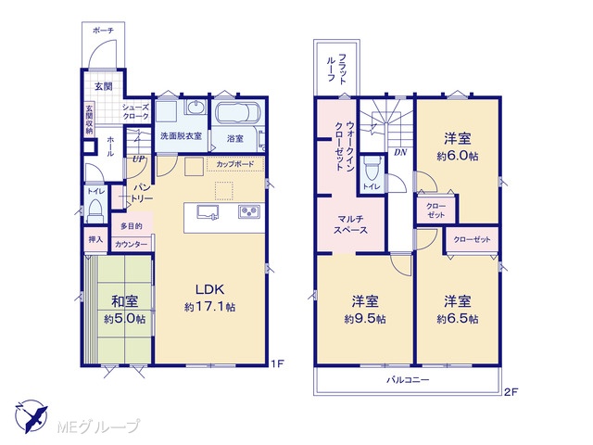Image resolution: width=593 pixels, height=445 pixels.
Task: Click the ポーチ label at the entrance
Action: [x=103, y=31]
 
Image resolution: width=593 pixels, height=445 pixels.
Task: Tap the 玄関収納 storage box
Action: [x=89, y=120]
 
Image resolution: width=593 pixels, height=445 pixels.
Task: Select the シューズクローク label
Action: [x=135, y=112]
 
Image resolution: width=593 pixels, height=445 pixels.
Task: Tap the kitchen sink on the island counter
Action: [x=208, y=211]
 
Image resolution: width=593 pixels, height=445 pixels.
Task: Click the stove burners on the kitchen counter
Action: [x=249, y=211]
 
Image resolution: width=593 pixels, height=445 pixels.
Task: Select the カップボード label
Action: [x=234, y=165]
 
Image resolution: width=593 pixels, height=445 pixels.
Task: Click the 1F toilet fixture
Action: [x=95, y=211]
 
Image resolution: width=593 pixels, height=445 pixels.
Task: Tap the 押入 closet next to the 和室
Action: [x=95, y=239]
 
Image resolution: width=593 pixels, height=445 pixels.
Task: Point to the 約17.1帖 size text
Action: [x=210, y=307]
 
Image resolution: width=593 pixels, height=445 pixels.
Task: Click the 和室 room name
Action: [x=124, y=301]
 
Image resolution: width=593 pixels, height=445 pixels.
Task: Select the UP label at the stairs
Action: [x=138, y=159]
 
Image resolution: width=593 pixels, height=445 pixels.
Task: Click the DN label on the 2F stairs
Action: [x=400, y=152]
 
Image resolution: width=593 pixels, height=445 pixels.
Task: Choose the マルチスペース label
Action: [x=350, y=224]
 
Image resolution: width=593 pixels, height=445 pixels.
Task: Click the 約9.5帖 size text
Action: [x=365, y=319]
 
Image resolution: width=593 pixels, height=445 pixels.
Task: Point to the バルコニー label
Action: [x=408, y=379]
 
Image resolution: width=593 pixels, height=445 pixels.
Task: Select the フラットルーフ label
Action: [x=336, y=69]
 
